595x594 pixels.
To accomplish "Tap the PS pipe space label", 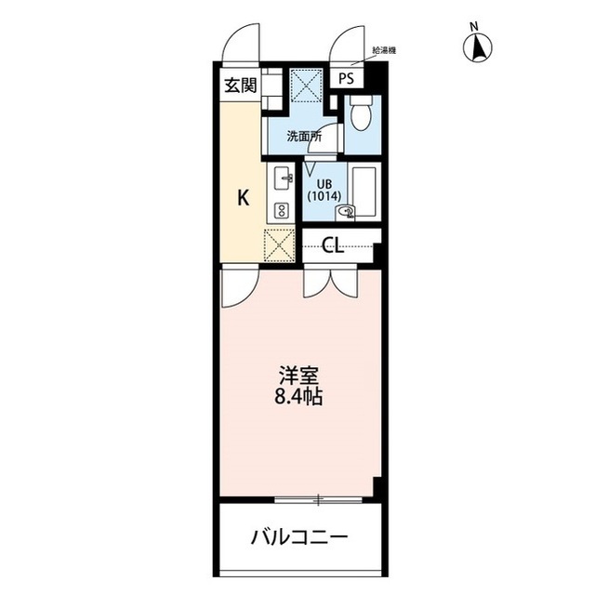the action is [x=346, y=78].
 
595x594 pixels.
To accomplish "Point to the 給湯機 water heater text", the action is [x=384, y=50].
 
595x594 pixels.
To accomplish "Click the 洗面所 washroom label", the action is [x=304, y=136].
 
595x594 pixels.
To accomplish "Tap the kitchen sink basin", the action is [x=281, y=179].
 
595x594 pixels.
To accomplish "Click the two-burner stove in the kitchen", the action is [x=282, y=210].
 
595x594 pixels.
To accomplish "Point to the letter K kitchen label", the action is [x=244, y=198].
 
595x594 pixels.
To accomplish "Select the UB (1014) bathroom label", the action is [x=324, y=191].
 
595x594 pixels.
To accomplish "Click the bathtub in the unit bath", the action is [x=364, y=191].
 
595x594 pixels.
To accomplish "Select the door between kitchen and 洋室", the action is [x=240, y=286].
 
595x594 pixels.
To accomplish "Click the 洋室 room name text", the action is [x=298, y=376].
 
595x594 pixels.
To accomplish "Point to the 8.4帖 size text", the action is [x=298, y=397].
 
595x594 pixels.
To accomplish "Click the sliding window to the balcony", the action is [x=318, y=500].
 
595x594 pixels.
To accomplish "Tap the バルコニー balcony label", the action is [x=299, y=537].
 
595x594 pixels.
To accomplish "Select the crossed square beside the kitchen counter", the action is [x=279, y=245].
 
